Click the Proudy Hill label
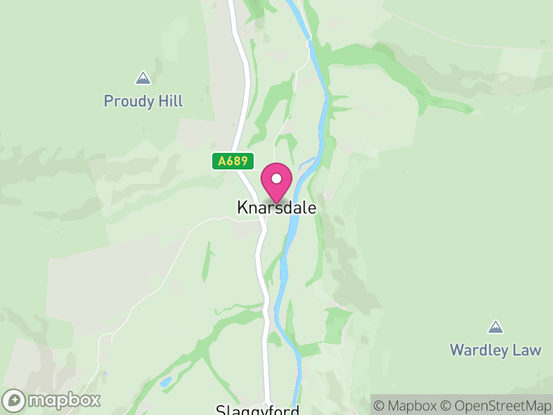pos(143,102)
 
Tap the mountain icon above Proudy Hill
pos(143,77)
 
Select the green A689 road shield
pos(233,161)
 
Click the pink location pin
pos(276,183)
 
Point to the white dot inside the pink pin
pos(276,178)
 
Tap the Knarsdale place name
pos(276,207)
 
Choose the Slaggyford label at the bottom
pos(258,410)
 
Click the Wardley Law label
pos(495,350)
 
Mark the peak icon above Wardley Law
pos(495,326)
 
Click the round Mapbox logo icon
pos(15,400)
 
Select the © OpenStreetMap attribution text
pos(495,405)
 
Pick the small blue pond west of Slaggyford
pos(165,381)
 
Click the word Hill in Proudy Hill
pos(169,102)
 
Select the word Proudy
pos(129,102)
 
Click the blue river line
pos(321,104)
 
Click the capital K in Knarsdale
pos(242,207)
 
